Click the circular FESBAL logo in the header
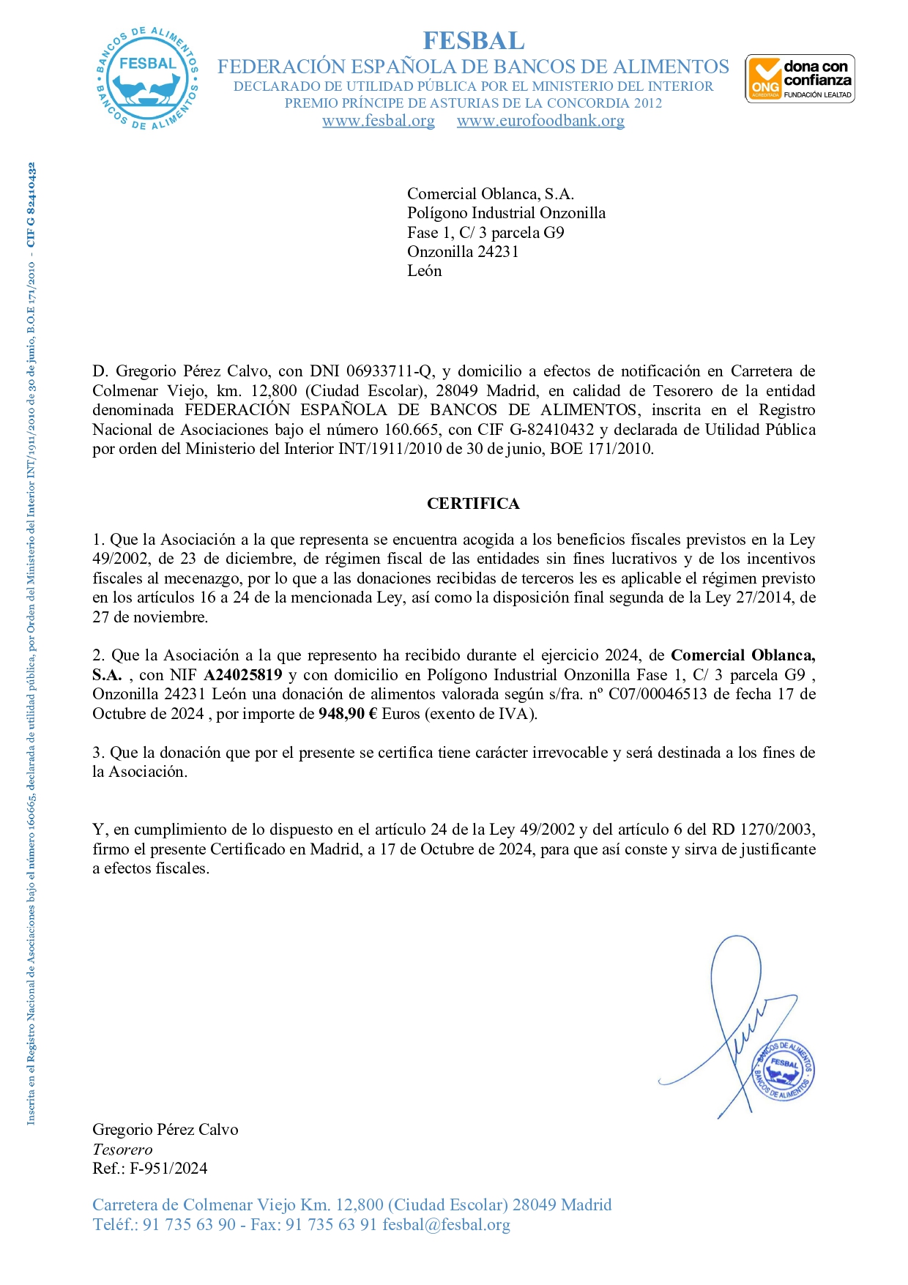pyautogui.click(x=147, y=78)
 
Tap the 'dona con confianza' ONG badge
pyautogui.click(x=800, y=78)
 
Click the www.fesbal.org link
pyautogui.click(x=379, y=121)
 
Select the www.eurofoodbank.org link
pyautogui.click(x=540, y=121)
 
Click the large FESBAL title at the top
pyautogui.click(x=474, y=40)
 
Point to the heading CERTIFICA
pyautogui.click(x=473, y=504)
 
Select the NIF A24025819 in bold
pyautogui.click(x=243, y=675)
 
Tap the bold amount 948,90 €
pyautogui.click(x=348, y=714)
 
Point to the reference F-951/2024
pyautogui.click(x=168, y=1169)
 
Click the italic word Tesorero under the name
pyautogui.click(x=122, y=1150)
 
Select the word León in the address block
pyautogui.click(x=425, y=271)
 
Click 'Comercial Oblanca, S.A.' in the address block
pyautogui.click(x=491, y=194)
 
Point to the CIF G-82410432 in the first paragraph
pyautogui.click(x=551, y=430)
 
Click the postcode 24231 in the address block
pyautogui.click(x=498, y=252)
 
